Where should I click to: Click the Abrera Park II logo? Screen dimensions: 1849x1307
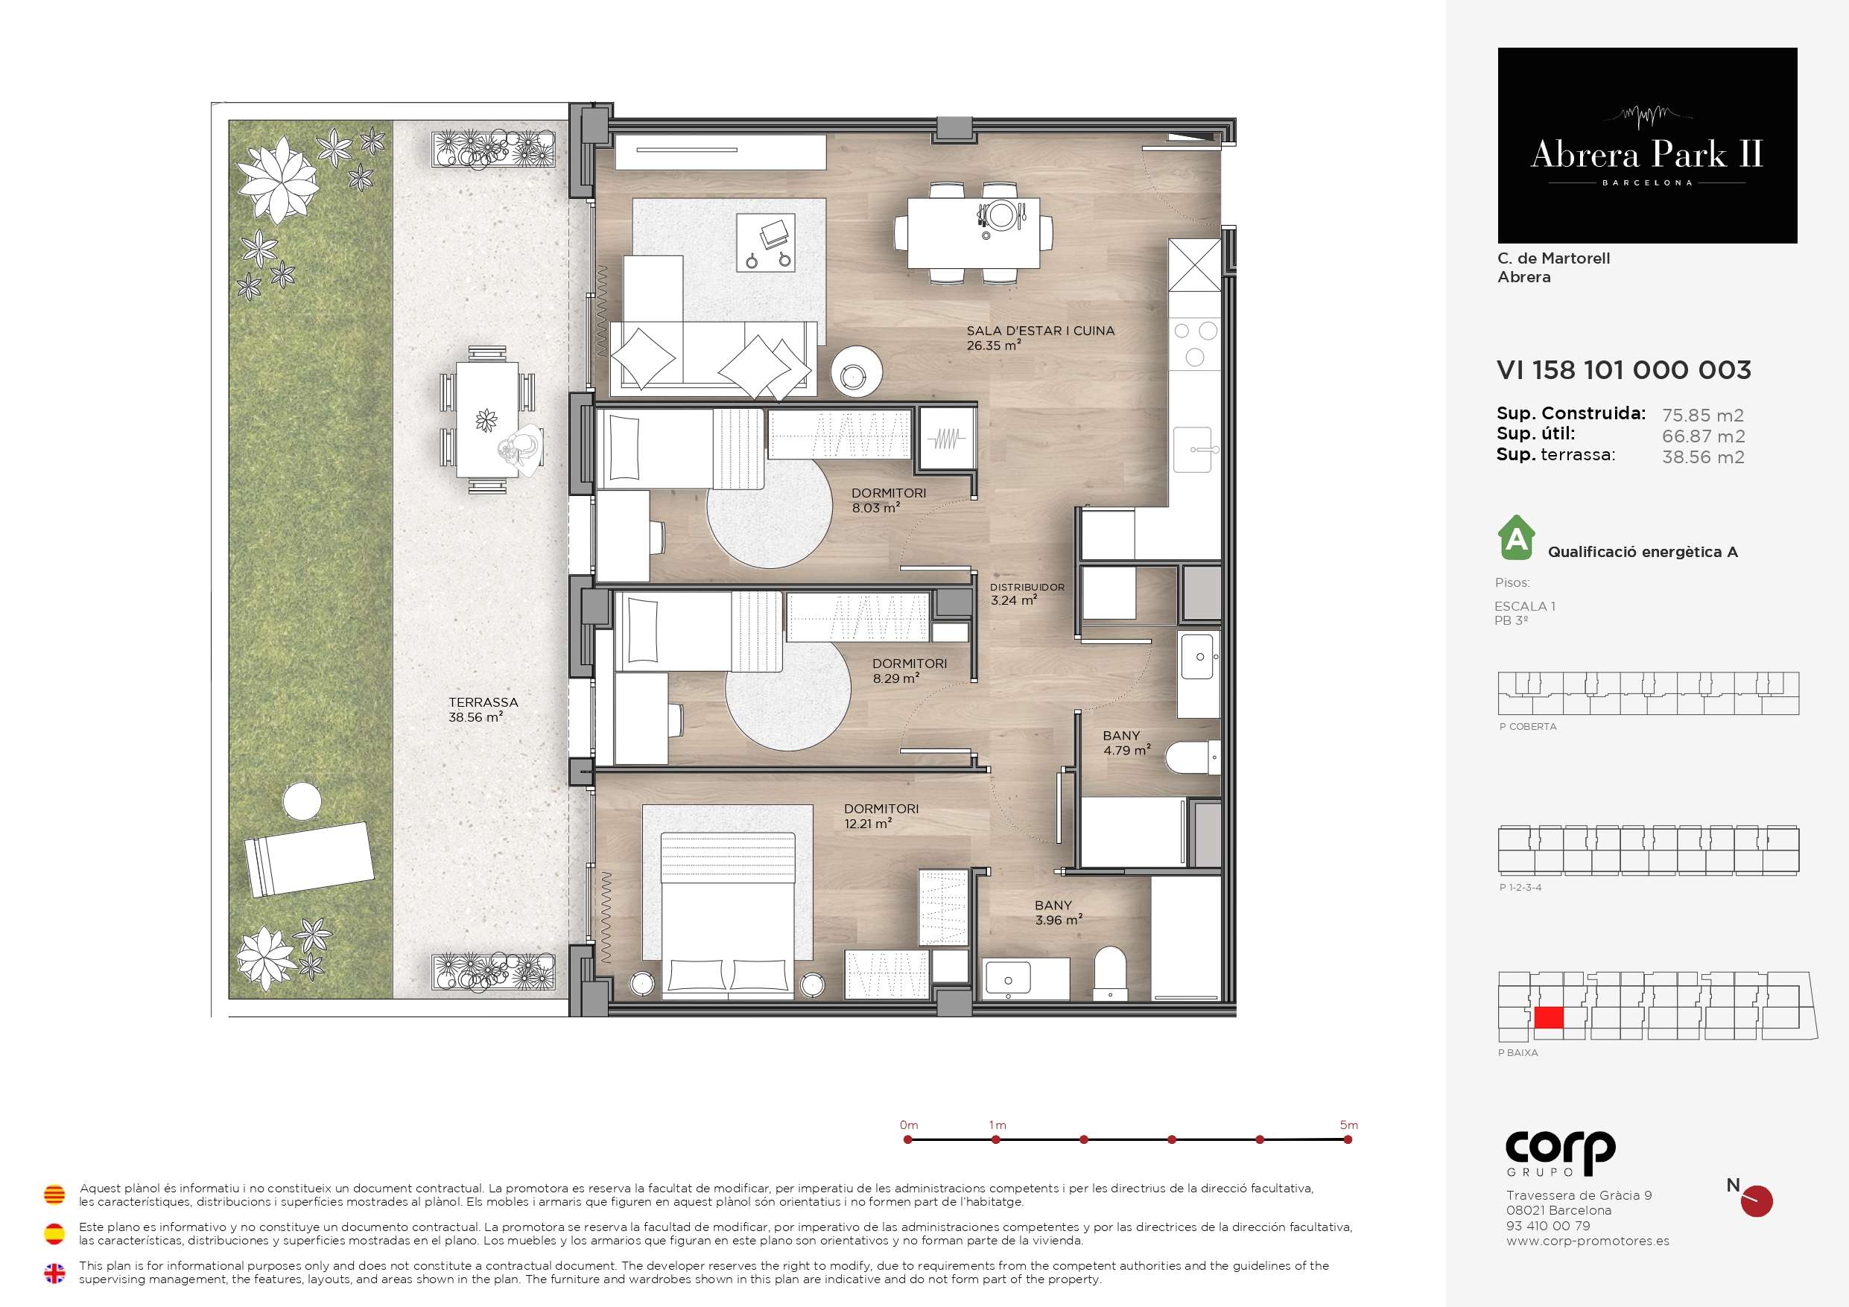[x=1647, y=146]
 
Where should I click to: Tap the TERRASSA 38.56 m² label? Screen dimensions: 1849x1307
[x=483, y=710]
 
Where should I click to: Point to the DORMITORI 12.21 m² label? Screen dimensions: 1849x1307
[x=881, y=815]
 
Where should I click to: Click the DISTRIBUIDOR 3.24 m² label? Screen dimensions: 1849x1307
[x=1027, y=594]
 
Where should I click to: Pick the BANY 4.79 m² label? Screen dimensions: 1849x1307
[x=1126, y=742]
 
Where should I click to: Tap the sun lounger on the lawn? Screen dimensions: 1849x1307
[x=309, y=859]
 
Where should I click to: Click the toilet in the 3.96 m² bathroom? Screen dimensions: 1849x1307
[x=1111, y=973]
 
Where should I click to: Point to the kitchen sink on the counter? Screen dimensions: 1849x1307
[x=1193, y=449]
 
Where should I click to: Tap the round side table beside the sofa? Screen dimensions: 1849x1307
[x=856, y=371]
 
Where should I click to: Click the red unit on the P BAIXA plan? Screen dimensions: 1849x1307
[x=1549, y=1018]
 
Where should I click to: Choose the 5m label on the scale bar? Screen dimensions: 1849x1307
[x=1349, y=1125]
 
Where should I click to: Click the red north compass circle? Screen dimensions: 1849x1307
[x=1757, y=1201]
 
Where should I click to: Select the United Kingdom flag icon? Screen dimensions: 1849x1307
[x=54, y=1273]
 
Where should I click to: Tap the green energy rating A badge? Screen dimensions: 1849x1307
[x=1517, y=538]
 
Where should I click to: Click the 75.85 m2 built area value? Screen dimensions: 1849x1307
[x=1703, y=416]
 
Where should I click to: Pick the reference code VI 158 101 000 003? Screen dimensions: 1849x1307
[x=1623, y=369]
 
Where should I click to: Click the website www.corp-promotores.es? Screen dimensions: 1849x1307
[x=1588, y=1241]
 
